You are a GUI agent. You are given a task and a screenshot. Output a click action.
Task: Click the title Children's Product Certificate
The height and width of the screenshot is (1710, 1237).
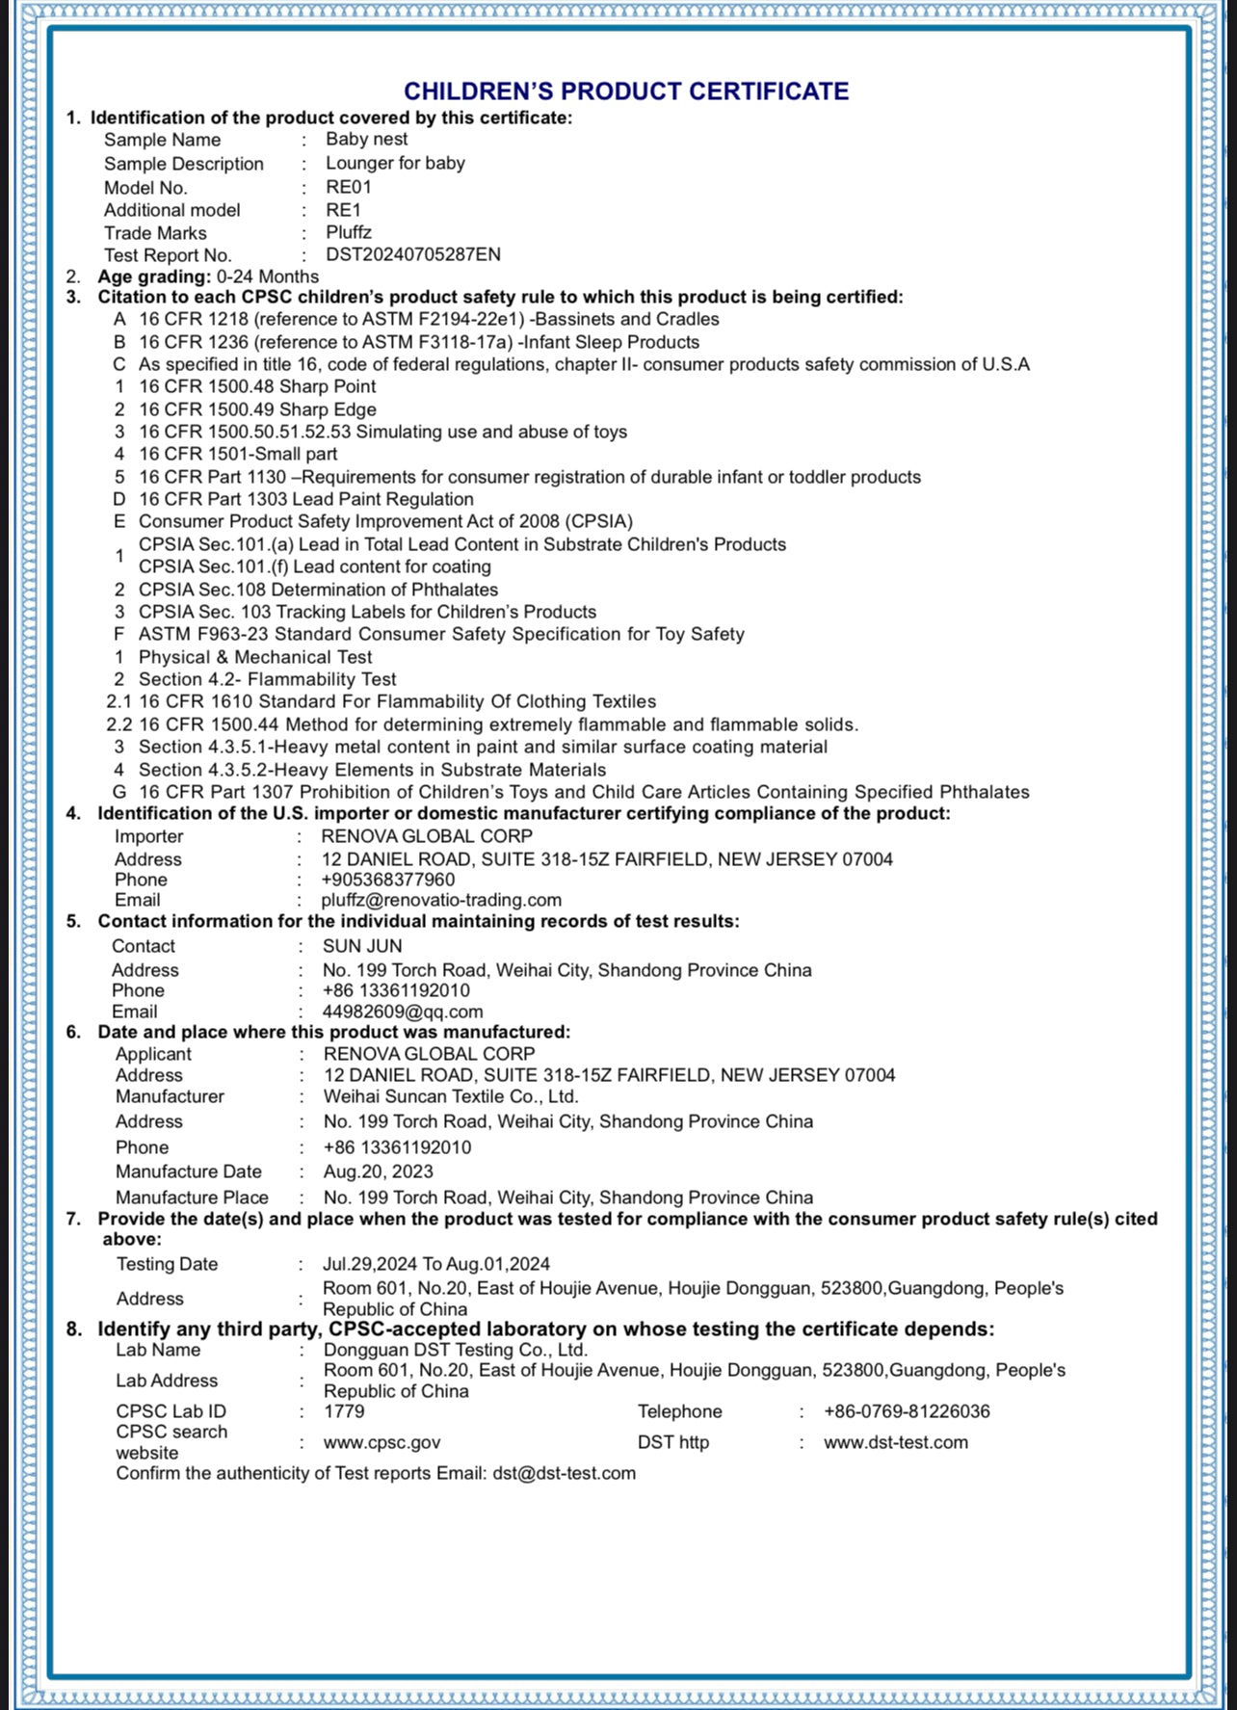[x=626, y=92]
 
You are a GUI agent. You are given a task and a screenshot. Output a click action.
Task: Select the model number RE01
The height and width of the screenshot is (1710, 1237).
[x=348, y=187]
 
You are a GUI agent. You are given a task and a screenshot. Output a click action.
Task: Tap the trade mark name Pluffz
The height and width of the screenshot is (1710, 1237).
[x=348, y=232]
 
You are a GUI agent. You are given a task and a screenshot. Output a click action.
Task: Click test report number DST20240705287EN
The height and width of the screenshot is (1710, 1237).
[x=412, y=255]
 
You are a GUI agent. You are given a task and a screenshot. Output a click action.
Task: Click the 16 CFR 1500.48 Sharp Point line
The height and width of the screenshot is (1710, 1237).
[x=257, y=386]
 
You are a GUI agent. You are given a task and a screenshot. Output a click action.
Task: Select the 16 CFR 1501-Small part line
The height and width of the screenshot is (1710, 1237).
[x=238, y=454]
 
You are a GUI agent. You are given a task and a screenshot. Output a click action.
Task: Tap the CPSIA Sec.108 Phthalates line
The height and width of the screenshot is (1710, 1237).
[x=318, y=590]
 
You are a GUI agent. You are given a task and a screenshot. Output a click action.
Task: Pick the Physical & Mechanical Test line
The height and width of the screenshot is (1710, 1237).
[x=255, y=657]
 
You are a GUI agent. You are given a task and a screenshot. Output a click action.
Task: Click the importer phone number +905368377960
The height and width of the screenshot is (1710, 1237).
[x=388, y=880]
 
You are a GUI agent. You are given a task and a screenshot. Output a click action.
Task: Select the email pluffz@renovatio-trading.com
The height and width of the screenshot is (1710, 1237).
[x=441, y=900]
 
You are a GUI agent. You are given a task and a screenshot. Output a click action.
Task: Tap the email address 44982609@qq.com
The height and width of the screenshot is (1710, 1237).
[x=403, y=1012]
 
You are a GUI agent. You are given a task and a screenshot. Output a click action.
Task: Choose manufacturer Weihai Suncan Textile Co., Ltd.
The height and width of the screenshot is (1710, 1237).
[x=451, y=1096]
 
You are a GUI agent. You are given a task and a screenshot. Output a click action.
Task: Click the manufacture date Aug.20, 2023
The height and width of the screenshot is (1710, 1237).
[x=378, y=1171]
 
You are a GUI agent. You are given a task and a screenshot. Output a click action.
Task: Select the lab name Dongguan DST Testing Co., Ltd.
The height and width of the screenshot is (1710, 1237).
[x=455, y=1350]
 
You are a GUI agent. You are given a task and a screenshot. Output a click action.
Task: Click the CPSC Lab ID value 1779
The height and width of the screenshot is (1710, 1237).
[x=344, y=1411]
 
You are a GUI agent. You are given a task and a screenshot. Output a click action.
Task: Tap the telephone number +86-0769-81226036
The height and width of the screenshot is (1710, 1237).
[x=906, y=1411]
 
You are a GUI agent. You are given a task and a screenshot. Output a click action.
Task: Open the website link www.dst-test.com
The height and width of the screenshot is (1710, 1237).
[x=895, y=1442]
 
